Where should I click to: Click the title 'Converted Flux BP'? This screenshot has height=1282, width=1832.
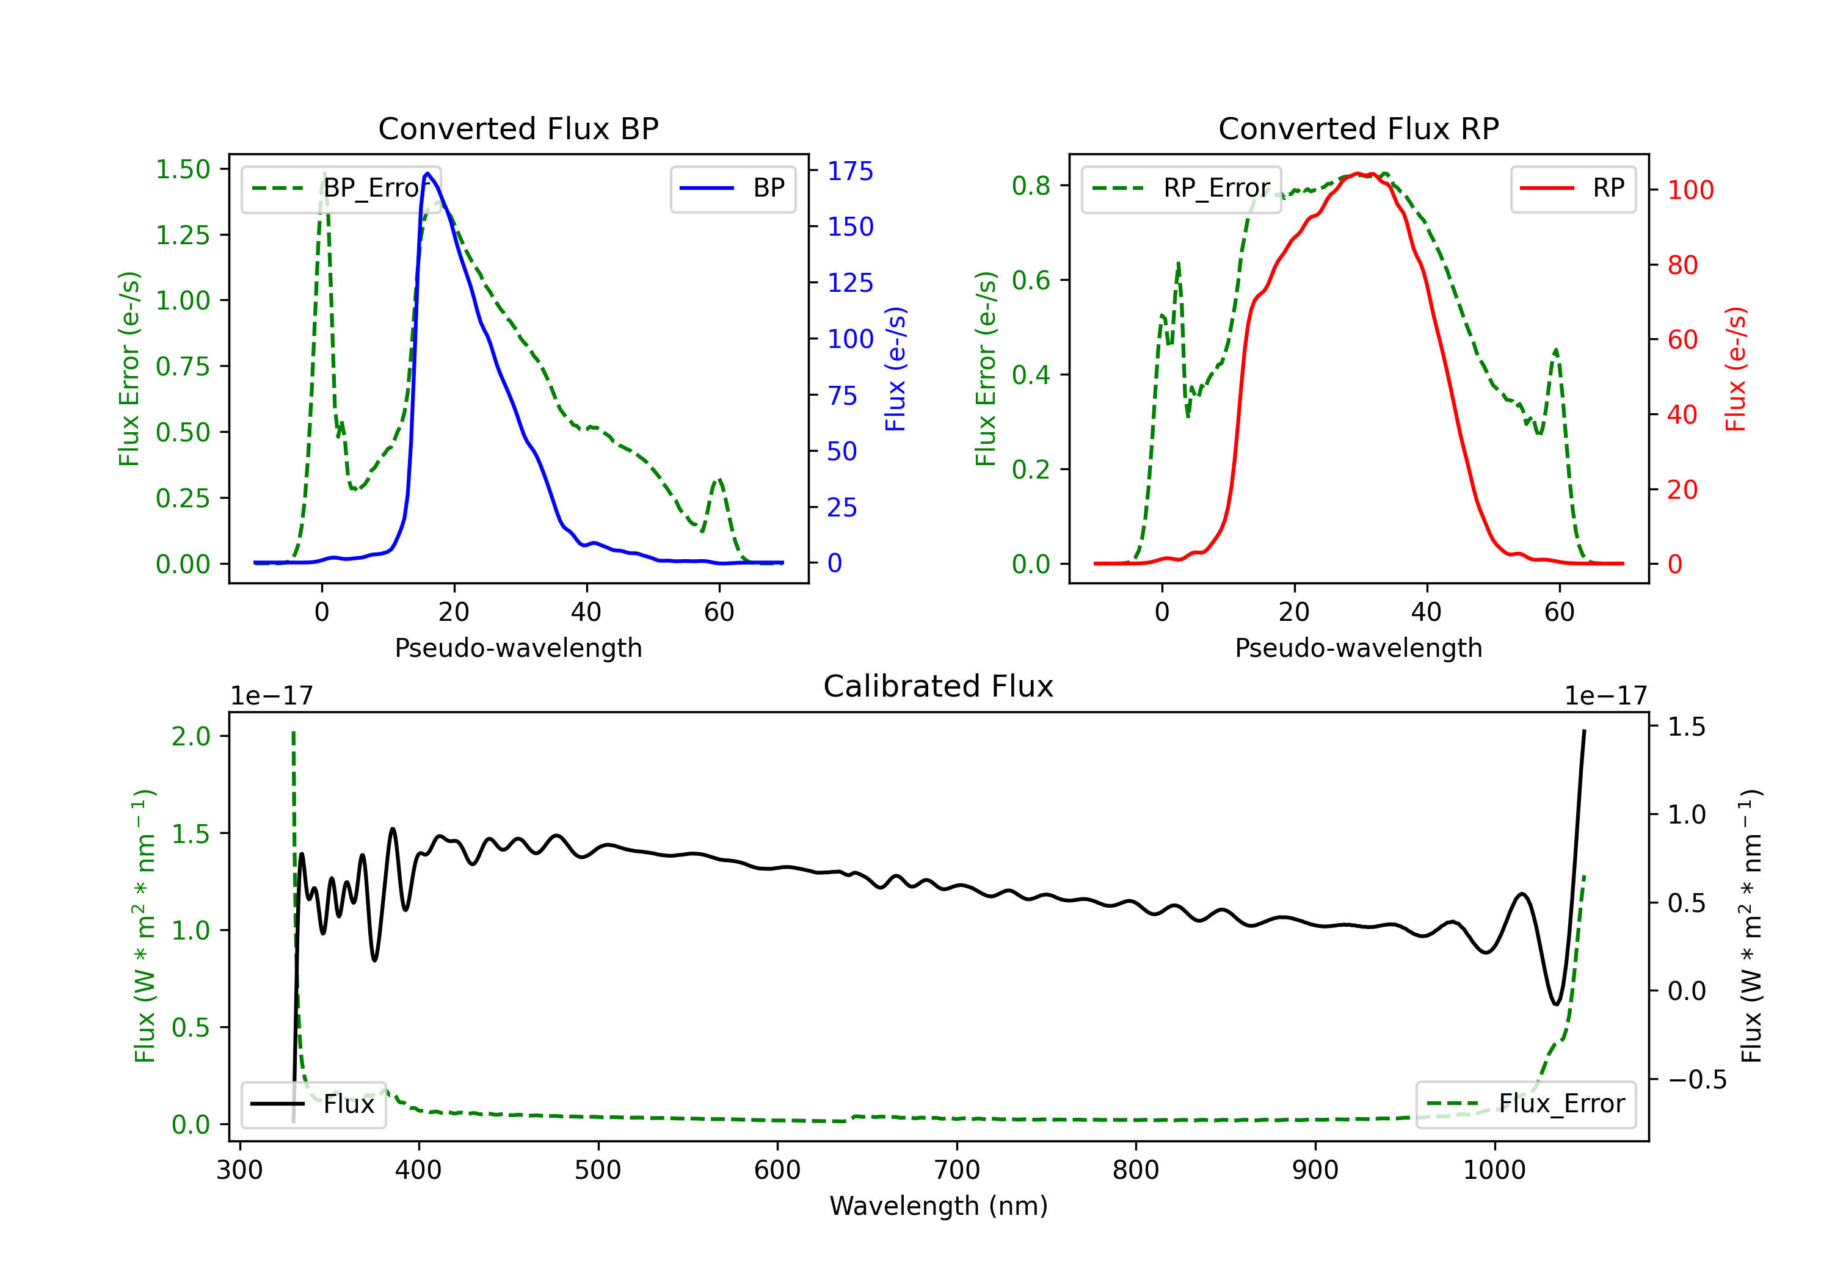[x=518, y=128]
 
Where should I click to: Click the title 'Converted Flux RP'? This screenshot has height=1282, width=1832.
[x=1358, y=128]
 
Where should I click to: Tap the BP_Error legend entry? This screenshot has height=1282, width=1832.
[x=341, y=188]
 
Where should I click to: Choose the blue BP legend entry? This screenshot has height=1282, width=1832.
[x=732, y=188]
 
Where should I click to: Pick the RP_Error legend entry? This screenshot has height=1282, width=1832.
[x=1181, y=188]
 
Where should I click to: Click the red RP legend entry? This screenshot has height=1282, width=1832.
[x=1572, y=188]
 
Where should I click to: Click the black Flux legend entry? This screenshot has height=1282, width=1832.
[x=313, y=1104]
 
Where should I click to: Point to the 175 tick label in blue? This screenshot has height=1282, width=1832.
[x=850, y=171]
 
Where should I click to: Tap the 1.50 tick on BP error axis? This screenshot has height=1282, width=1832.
[x=183, y=169]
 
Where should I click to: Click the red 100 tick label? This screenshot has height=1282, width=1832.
[x=1690, y=190]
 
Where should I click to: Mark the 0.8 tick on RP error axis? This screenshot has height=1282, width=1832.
[x=1031, y=186]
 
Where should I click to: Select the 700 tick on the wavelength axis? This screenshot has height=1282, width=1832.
[x=956, y=1170]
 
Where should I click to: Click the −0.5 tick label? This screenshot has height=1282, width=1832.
[x=1696, y=1079]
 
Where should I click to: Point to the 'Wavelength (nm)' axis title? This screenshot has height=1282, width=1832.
[x=939, y=1206]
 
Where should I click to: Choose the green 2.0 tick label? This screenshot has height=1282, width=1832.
[x=191, y=736]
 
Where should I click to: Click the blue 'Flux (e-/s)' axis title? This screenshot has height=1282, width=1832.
[x=895, y=369]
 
